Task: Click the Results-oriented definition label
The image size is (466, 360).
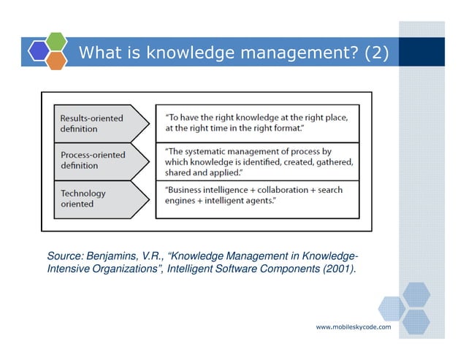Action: tap(91, 123)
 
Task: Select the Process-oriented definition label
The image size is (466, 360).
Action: tap(92, 160)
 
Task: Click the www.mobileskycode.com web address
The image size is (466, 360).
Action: tap(353, 327)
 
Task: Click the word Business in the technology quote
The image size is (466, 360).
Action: tap(183, 190)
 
